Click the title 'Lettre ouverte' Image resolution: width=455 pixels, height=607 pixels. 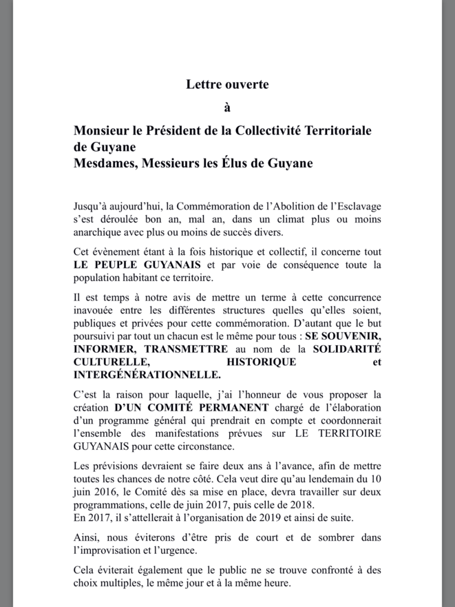(x=227, y=85)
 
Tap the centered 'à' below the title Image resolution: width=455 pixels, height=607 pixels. (x=228, y=107)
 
